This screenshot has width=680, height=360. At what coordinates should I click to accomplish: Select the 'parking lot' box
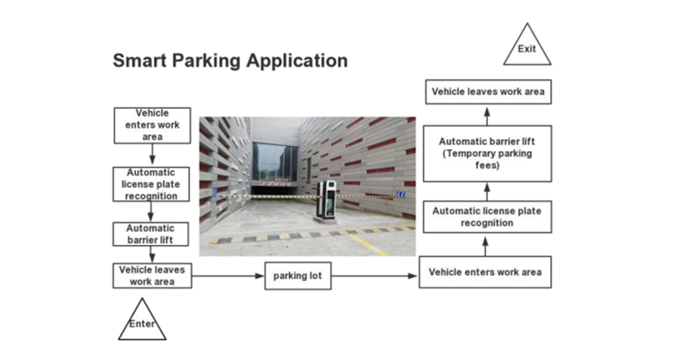click(x=297, y=276)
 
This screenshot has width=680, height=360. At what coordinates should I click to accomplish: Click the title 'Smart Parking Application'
click(x=230, y=60)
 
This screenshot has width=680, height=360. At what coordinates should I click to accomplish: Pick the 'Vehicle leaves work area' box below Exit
click(x=488, y=92)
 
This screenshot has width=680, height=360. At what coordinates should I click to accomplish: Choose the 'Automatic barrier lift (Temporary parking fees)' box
click(x=487, y=153)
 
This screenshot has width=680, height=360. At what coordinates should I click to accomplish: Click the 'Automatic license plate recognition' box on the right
click(x=487, y=217)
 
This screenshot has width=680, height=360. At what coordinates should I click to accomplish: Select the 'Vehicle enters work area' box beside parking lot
click(x=485, y=272)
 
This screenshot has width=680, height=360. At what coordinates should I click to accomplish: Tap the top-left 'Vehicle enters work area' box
click(x=152, y=125)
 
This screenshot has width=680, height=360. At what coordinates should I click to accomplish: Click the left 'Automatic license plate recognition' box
click(x=152, y=184)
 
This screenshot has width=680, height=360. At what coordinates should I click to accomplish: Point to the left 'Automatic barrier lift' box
click(x=152, y=234)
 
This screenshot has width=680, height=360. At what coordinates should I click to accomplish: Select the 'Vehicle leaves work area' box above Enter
click(x=152, y=276)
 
